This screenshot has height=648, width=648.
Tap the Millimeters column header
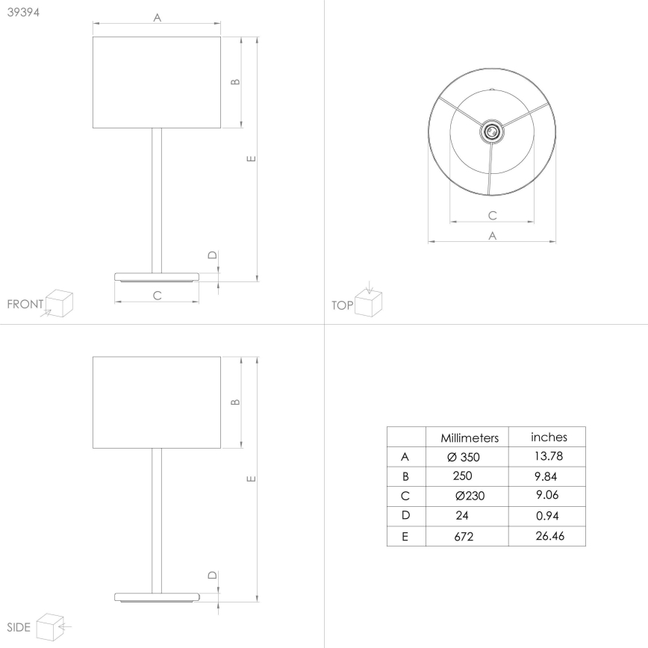click(x=467, y=437)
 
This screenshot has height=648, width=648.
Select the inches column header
click(x=549, y=437)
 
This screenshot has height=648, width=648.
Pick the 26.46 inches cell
click(x=551, y=535)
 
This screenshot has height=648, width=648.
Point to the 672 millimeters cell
click(x=463, y=536)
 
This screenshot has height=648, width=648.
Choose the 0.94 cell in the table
click(x=548, y=515)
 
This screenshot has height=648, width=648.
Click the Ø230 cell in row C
click(x=470, y=496)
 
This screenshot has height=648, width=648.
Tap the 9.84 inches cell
click(x=546, y=476)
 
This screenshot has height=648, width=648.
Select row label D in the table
click(x=405, y=516)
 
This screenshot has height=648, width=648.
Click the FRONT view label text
click(x=25, y=305)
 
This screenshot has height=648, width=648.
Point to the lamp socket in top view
click(x=491, y=131)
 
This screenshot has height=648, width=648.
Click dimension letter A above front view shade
click(x=158, y=19)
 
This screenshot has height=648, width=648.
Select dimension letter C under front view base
click(x=158, y=296)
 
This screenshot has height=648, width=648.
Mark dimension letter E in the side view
click(x=251, y=478)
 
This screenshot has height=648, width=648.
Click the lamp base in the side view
click(x=158, y=596)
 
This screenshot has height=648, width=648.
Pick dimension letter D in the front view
click(x=212, y=256)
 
